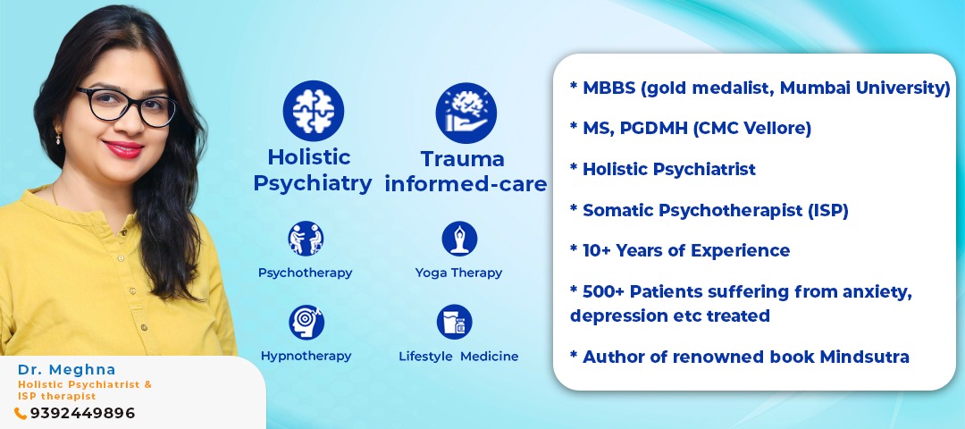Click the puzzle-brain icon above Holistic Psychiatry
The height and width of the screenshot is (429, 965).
pos(314,111)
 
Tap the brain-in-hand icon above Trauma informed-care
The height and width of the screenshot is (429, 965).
pos(466,113)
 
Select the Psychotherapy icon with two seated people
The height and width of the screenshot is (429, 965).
pos(306,239)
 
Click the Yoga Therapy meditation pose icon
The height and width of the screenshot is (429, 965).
pos(459,239)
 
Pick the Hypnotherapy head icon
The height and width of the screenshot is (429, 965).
pos(306,322)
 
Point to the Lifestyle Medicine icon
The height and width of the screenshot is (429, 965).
pos(454,322)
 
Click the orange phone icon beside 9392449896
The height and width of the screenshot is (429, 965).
pos(21,414)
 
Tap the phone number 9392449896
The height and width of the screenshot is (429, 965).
pos(82,413)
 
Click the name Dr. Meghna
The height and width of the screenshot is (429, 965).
pos(66,369)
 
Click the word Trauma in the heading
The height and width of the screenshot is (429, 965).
pos(463,159)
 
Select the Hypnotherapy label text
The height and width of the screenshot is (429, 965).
pos(306,357)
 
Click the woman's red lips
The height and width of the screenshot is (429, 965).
pos(123,149)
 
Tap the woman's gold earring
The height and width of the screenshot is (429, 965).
pos(58,138)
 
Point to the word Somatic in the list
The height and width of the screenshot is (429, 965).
pos(618,211)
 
